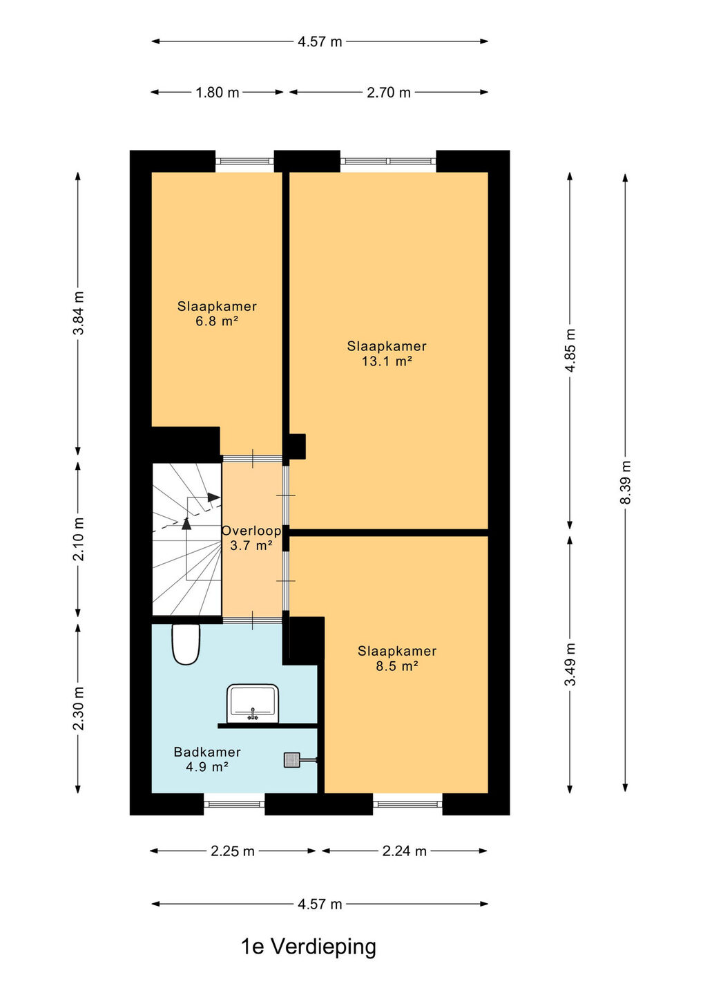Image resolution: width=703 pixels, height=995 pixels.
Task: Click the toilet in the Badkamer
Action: (x=186, y=644)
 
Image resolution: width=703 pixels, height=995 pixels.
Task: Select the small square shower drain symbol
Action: (x=291, y=760)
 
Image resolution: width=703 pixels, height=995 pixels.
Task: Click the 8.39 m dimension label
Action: (x=625, y=482)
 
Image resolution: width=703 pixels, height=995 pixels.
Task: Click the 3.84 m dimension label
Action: (x=78, y=313)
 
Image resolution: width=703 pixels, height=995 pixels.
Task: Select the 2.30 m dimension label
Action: (x=78, y=708)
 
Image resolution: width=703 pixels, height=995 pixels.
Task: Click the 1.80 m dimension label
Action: (x=217, y=93)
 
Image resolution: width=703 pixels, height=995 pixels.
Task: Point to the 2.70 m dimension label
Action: (x=388, y=93)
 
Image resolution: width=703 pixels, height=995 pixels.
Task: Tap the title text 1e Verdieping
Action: (x=309, y=947)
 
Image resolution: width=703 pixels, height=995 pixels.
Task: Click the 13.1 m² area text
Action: (x=387, y=361)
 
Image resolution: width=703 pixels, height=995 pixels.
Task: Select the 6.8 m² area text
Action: (x=217, y=321)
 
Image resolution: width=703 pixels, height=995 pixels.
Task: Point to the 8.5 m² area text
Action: (x=397, y=666)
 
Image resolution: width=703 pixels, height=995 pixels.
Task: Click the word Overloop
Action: (x=251, y=531)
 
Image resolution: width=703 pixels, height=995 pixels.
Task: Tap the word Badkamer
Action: (x=207, y=752)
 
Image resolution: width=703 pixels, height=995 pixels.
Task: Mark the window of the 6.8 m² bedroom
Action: (x=244, y=161)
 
